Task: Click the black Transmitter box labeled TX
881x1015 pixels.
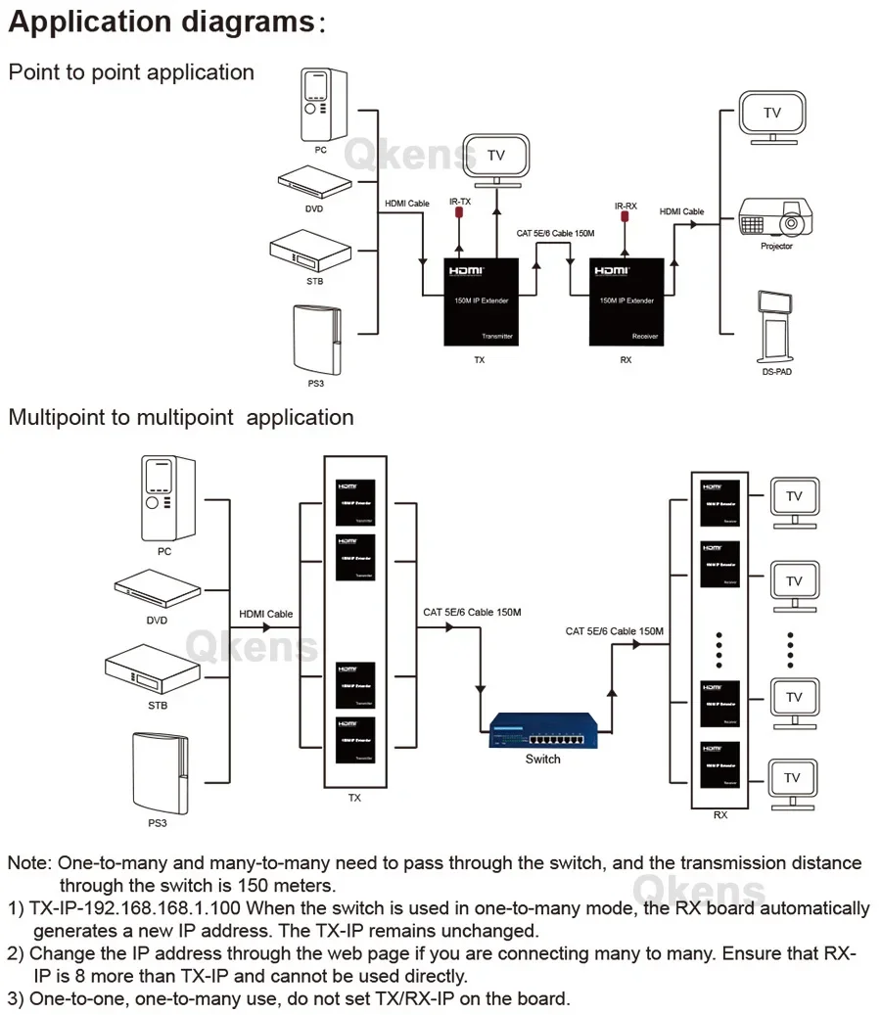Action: pos(480,301)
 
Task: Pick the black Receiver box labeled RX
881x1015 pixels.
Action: pos(626,301)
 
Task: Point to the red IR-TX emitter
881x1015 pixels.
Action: pos(458,220)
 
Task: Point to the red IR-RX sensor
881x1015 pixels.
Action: pos(624,222)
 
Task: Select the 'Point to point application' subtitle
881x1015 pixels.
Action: pos(131,72)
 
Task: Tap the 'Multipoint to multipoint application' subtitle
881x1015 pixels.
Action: pos(181,417)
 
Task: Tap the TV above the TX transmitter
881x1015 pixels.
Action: pos(496,159)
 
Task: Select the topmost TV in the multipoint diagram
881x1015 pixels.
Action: pos(793,499)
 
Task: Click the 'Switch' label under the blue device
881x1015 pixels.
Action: pos(542,760)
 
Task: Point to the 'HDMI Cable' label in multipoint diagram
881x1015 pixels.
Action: pos(266,615)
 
